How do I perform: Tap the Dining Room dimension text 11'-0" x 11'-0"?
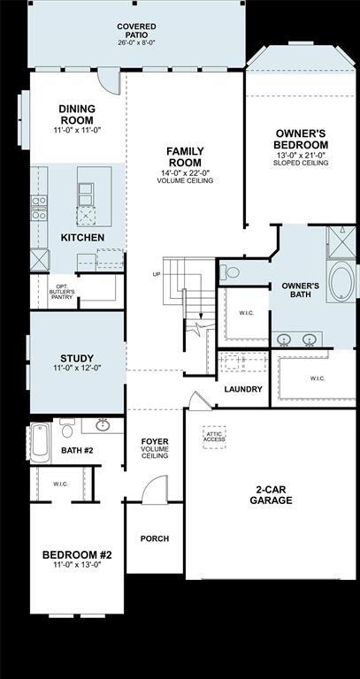[77, 131]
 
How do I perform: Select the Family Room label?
[185, 157]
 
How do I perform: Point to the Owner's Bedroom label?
[302, 139]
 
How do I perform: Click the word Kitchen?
[82, 238]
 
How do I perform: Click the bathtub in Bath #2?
[41, 443]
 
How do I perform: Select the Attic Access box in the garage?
[215, 437]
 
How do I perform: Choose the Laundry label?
[242, 389]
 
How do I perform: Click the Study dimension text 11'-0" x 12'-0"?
[77, 368]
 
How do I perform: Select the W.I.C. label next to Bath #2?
[60, 484]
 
